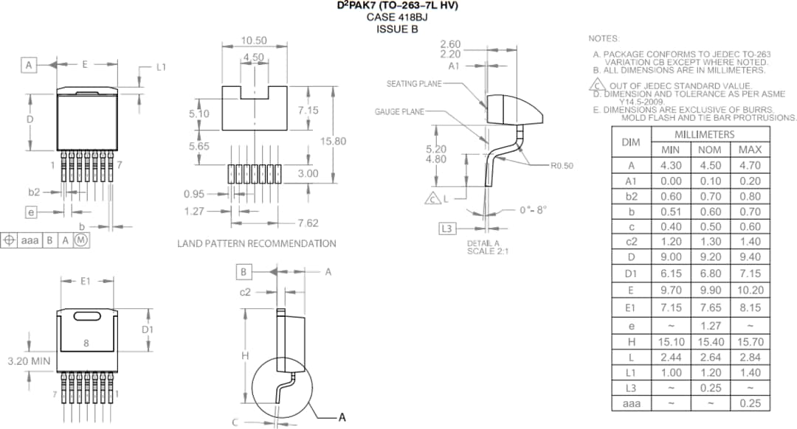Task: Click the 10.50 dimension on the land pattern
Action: (254, 41)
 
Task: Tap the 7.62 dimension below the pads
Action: (308, 223)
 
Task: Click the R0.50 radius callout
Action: (561, 166)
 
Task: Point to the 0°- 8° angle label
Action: (533, 210)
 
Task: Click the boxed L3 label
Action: (446, 229)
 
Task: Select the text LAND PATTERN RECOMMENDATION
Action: (256, 243)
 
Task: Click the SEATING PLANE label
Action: (413, 84)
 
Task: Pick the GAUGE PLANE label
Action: (399, 112)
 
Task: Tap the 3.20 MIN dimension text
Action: (29, 362)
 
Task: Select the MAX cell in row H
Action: (750, 342)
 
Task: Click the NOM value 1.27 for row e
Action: (710, 325)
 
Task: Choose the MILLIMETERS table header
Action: (705, 134)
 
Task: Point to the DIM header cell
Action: (630, 142)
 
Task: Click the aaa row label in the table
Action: (630, 403)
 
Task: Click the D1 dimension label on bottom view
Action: (148, 329)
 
